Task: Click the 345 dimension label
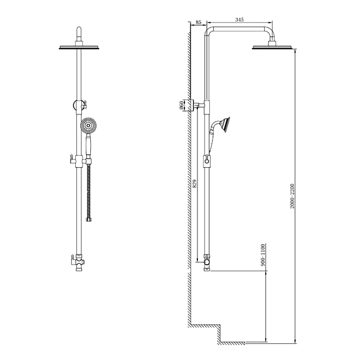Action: click(x=239, y=20)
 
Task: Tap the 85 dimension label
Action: click(x=199, y=22)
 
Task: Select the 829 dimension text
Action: click(x=195, y=184)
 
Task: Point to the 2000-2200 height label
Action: click(x=292, y=196)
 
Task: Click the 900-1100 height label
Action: click(x=263, y=255)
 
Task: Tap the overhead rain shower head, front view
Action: click(x=79, y=47)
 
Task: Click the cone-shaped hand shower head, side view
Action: click(x=225, y=123)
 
